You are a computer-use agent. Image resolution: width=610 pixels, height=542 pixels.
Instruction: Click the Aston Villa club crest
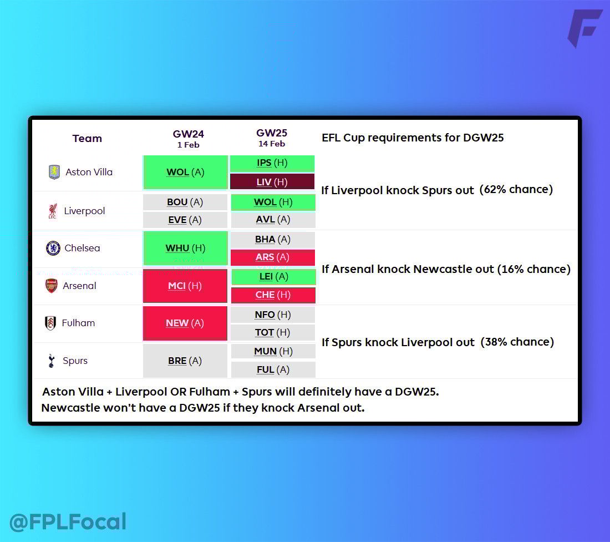pos(54,172)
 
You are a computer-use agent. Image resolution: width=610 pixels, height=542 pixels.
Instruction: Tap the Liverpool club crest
pos(53,211)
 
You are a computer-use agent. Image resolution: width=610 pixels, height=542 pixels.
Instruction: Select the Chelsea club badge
pos(53,248)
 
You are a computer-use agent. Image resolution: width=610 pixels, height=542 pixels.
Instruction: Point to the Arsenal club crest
pos(52,286)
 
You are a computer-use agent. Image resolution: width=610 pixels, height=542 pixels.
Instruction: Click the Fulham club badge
pos(50,323)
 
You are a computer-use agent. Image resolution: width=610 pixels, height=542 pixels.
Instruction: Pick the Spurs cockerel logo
pos(52,361)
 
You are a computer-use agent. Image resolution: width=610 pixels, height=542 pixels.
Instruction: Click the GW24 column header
pos(189,139)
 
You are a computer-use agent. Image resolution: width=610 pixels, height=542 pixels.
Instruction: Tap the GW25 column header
pos(272,138)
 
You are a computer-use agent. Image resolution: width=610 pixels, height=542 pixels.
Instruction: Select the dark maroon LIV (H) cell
pos(272,182)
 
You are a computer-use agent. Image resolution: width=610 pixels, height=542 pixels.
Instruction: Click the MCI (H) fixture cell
pos(185,286)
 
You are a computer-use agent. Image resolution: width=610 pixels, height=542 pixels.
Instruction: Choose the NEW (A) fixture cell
pos(185,323)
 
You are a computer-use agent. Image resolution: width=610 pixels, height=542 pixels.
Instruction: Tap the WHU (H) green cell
pos(185,248)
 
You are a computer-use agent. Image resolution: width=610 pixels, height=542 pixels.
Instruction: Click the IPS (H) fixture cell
pos(272,164)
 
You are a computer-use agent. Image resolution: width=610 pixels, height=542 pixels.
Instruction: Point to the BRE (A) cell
pos(185,361)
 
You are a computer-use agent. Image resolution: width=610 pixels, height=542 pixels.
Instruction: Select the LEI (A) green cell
pos(273,277)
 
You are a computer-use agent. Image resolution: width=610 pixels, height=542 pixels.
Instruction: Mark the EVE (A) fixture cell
pos(185,220)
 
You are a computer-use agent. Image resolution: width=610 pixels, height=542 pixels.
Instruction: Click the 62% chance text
pos(516,190)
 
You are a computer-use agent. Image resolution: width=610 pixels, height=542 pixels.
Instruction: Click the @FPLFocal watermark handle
pos(68,522)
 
